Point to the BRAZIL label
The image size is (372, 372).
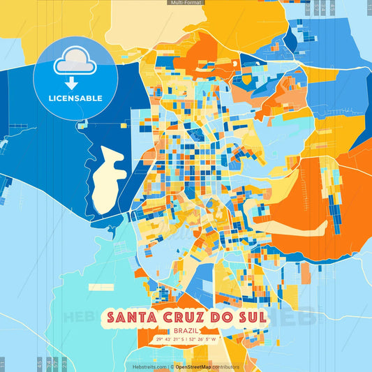(186, 330)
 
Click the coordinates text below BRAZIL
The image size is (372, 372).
(186, 340)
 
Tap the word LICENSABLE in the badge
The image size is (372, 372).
(75, 98)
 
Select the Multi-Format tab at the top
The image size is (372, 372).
(186, 3)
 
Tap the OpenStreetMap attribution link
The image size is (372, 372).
(194, 366)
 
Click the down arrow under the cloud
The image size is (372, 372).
(76, 81)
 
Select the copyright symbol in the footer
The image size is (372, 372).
(172, 366)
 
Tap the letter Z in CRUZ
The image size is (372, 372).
(198, 318)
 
